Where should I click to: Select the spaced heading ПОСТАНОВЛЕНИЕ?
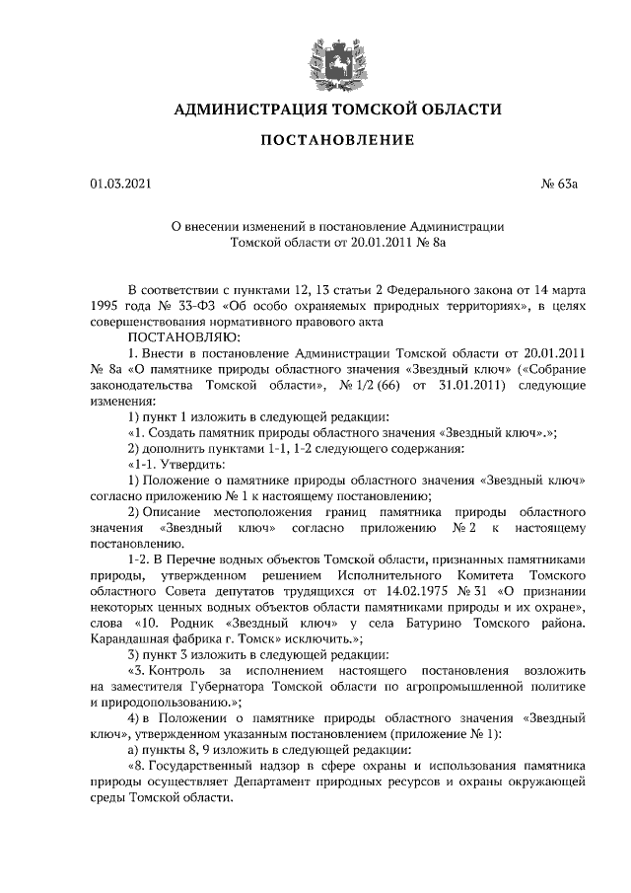point(337,141)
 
